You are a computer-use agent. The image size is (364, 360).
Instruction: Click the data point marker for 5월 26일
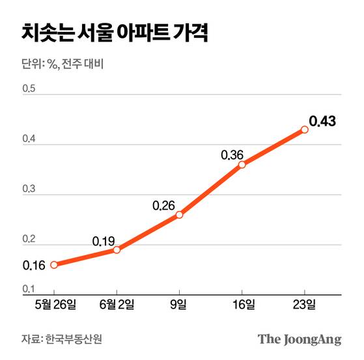(54, 264)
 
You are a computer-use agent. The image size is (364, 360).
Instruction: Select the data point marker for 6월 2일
(117, 250)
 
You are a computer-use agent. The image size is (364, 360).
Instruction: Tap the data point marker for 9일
(179, 215)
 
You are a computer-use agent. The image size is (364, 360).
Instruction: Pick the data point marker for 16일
(242, 165)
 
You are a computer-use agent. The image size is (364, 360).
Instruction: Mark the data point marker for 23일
(304, 130)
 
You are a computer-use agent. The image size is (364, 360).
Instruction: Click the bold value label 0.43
(322, 121)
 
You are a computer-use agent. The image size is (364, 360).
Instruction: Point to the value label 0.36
(232, 155)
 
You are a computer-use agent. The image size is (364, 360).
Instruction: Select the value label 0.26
(163, 206)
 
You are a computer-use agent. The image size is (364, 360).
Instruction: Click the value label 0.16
(33, 266)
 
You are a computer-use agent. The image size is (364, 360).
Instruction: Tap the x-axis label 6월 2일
(117, 304)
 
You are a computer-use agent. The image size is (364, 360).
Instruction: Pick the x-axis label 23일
(304, 304)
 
